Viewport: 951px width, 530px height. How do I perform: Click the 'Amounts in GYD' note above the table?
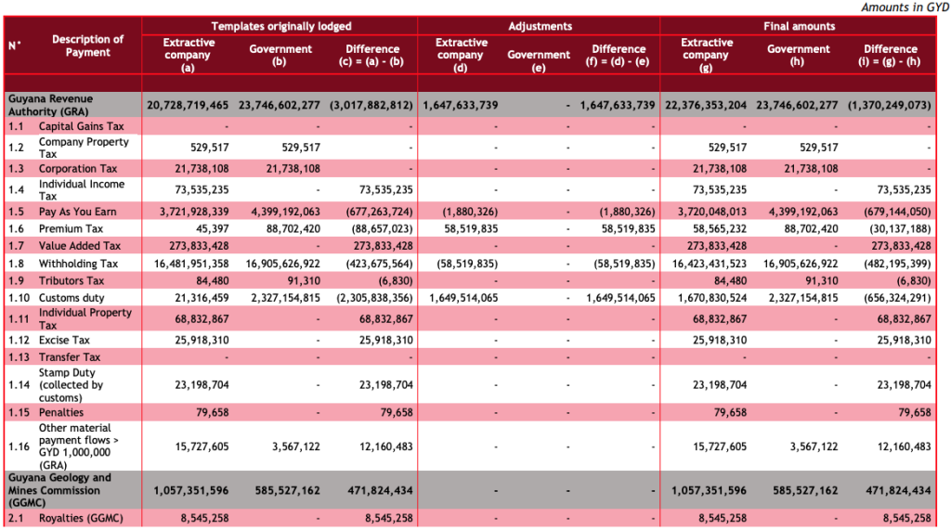(x=905, y=7)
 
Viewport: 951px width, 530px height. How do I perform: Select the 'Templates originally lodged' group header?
(x=280, y=27)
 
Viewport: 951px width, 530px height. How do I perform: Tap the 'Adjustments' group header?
(x=540, y=27)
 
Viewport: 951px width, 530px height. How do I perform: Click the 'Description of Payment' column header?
(x=87, y=46)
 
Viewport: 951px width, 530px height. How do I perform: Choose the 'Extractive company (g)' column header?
(x=706, y=55)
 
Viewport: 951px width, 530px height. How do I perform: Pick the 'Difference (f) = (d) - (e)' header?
(x=619, y=55)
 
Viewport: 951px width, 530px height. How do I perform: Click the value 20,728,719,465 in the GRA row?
(x=188, y=105)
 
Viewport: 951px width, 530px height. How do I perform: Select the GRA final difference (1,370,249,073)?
(x=889, y=105)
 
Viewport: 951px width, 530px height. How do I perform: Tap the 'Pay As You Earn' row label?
(x=77, y=212)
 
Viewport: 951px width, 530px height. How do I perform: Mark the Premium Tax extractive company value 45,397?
(x=207, y=228)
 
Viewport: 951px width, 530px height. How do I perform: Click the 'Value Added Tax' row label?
(x=80, y=246)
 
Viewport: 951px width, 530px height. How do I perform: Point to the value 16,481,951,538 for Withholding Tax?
(x=188, y=264)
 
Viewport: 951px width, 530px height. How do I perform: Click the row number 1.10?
(x=19, y=298)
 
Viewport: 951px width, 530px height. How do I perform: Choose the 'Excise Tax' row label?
(x=64, y=340)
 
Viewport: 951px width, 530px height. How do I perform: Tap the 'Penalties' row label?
(x=61, y=412)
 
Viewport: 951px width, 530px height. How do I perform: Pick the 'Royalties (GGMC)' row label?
(x=80, y=518)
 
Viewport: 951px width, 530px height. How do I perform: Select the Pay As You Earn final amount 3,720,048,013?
(x=706, y=212)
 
